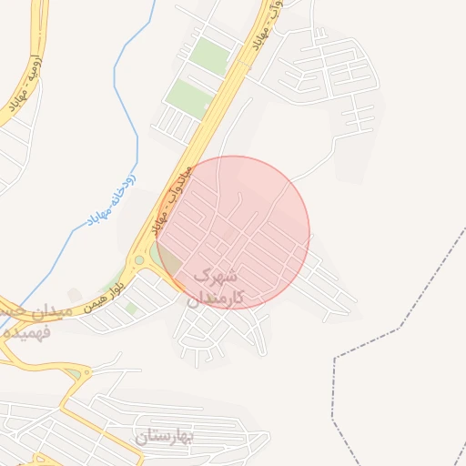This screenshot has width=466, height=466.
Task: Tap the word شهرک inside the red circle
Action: point(217,274)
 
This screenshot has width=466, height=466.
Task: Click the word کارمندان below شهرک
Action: point(215,298)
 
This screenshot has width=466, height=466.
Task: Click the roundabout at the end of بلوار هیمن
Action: point(138,260)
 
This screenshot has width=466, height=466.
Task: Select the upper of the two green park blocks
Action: point(210,56)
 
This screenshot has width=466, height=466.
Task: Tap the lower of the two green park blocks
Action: point(188,96)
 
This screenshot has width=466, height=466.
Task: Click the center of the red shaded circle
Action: point(233,233)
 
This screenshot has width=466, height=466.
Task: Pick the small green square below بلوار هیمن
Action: point(133,309)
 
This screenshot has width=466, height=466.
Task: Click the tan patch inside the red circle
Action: point(225,238)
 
